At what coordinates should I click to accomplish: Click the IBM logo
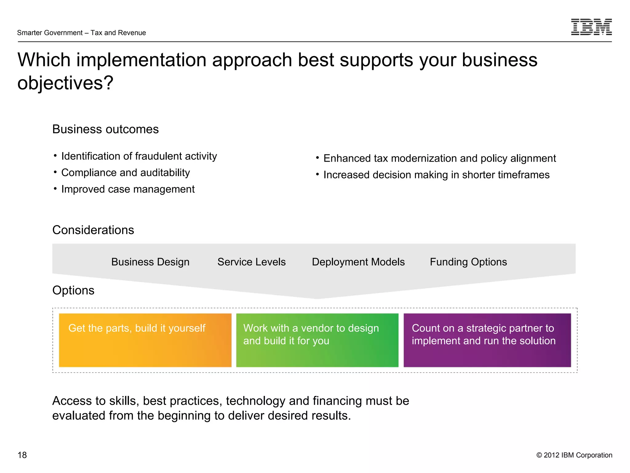[591, 27]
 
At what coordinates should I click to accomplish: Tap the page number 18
[22, 455]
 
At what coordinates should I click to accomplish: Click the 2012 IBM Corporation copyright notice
[574, 455]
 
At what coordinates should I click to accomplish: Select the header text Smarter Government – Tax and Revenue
[82, 33]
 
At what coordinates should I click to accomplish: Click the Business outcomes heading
[106, 129]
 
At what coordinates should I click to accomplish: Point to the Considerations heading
[93, 230]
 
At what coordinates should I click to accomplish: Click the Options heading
[73, 290]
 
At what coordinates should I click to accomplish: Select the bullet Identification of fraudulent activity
[139, 156]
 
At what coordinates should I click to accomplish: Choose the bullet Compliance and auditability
[126, 173]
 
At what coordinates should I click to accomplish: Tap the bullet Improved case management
[128, 189]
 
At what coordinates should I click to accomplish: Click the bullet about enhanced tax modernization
[440, 158]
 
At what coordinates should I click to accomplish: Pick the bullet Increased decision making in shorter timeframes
[436, 175]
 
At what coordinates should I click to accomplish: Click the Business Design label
[150, 262]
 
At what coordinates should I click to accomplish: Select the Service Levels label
[251, 262]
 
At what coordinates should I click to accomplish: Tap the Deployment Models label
[358, 262]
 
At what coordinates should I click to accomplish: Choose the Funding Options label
[468, 262]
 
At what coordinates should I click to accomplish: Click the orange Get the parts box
[145, 340]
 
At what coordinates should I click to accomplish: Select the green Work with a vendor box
[317, 340]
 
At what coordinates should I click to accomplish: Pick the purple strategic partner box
[487, 340]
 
